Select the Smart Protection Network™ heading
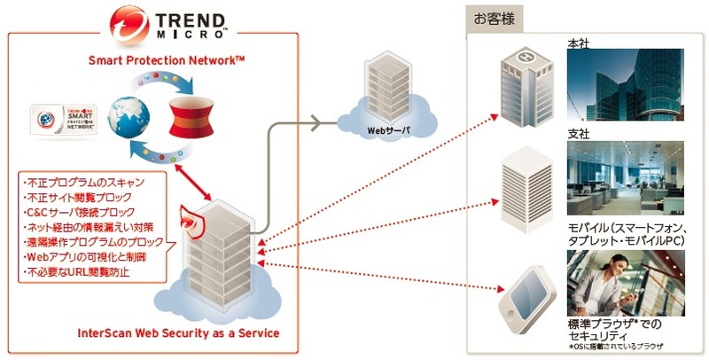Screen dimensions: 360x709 [167, 60]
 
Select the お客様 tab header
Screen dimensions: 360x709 [495, 18]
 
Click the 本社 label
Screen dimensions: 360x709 [579, 42]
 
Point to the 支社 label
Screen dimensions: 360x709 [579, 133]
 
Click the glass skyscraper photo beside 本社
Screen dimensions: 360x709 [625, 85]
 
